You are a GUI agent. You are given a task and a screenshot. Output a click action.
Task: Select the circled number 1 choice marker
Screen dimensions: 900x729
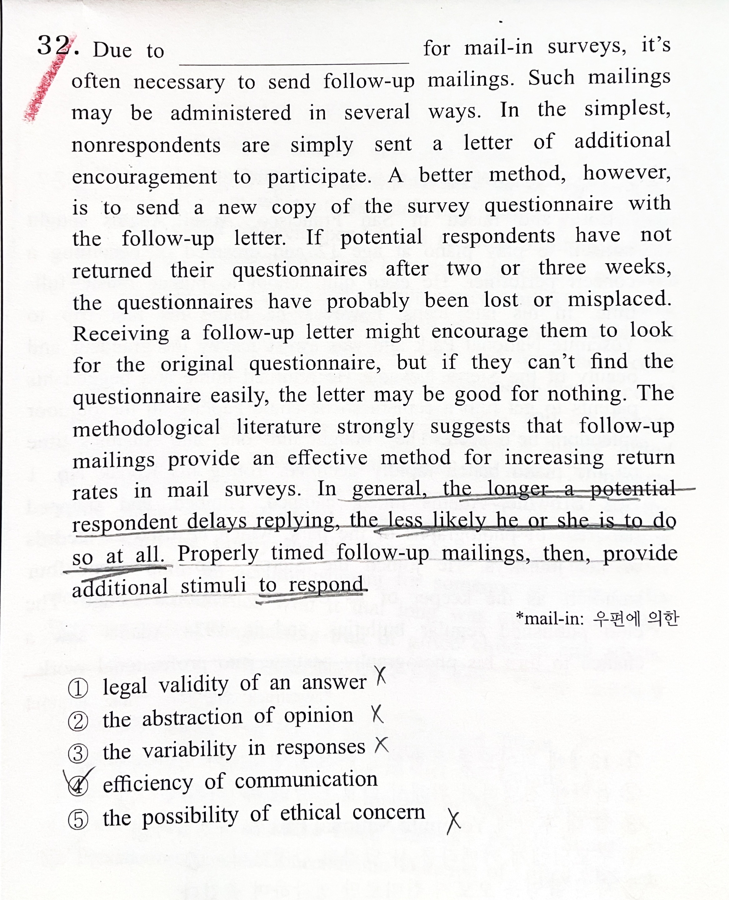point(78,689)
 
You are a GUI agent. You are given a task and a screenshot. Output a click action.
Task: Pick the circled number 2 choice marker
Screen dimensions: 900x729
point(78,721)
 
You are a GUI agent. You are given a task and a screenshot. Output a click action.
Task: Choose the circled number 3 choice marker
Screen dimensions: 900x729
point(78,754)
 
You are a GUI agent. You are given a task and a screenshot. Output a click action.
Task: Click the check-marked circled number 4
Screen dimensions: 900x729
point(78,785)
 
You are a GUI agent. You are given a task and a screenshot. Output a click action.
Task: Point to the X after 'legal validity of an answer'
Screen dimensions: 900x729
point(381,676)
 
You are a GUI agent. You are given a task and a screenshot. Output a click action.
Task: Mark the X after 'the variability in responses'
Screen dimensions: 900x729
point(381,745)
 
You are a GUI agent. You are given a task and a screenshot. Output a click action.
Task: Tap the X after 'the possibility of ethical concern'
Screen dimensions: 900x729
point(453,821)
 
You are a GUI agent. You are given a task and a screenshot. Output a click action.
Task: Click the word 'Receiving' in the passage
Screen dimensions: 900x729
point(121,334)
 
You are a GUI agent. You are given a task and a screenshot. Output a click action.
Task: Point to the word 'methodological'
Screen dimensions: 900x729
point(146,428)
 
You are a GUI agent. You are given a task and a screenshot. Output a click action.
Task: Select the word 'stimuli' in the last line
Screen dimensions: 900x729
point(213,586)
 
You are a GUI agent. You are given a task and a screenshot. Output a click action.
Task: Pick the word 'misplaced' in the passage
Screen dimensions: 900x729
point(619,300)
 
